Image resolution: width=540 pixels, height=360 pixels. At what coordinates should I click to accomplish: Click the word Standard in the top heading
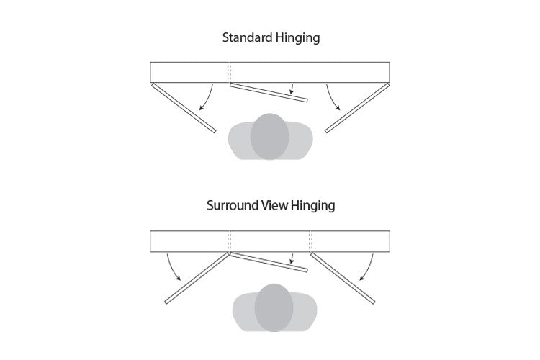coord(246,38)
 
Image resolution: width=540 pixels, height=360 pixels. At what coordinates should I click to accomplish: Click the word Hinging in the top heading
coord(295,38)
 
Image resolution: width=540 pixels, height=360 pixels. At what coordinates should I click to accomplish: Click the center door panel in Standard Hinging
coord(268,91)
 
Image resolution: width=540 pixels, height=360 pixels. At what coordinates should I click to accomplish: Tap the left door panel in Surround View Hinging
coord(197,279)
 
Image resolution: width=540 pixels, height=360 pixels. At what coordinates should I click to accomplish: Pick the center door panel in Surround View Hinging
coord(268,262)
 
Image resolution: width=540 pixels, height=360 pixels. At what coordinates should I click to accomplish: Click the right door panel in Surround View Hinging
coord(343,279)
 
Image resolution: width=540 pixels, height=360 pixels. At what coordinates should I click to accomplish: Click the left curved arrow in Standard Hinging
coord(207,96)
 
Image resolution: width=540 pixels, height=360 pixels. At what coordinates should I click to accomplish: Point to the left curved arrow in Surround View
coord(174,268)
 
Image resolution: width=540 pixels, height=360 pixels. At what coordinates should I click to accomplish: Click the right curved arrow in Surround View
coord(366,268)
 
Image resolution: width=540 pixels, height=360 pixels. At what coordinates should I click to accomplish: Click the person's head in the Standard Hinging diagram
coord(269,135)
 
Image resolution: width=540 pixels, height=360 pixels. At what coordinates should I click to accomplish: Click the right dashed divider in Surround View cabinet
coord(310,240)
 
